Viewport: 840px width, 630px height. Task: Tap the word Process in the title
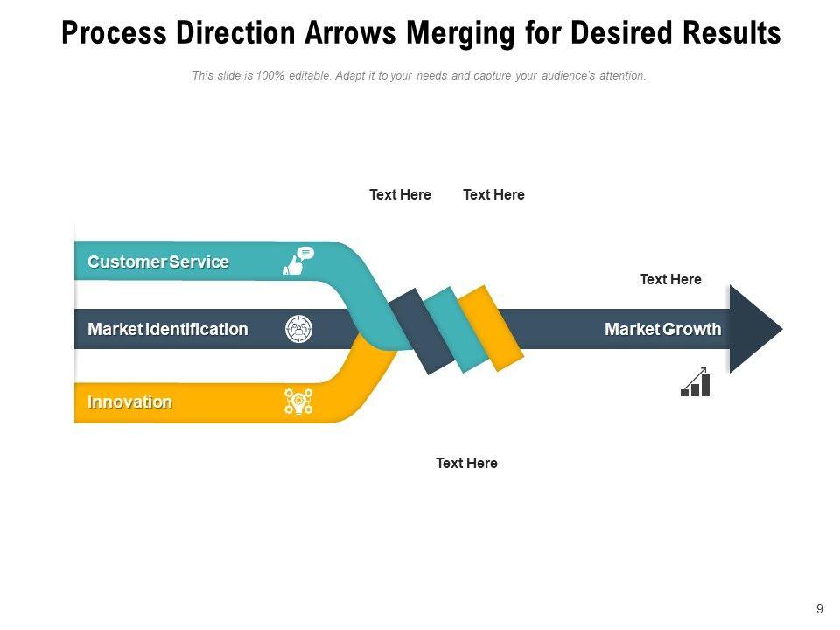point(114,34)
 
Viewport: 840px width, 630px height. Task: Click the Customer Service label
point(158,262)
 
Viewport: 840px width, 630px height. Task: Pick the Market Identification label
point(168,329)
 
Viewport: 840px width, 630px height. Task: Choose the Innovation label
point(129,402)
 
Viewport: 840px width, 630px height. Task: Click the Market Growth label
point(662,329)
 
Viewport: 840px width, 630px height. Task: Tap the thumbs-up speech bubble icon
point(297,261)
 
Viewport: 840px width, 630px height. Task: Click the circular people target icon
point(299,329)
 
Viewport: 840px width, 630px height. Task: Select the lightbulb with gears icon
point(298,402)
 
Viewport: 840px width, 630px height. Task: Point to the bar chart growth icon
point(696,382)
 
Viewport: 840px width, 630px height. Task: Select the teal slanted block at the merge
point(455,330)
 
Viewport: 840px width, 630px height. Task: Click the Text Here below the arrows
point(466,463)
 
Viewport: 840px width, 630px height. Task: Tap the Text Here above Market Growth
point(670,279)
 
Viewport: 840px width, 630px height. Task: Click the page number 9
point(819,609)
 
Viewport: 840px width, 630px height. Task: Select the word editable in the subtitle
point(309,76)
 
